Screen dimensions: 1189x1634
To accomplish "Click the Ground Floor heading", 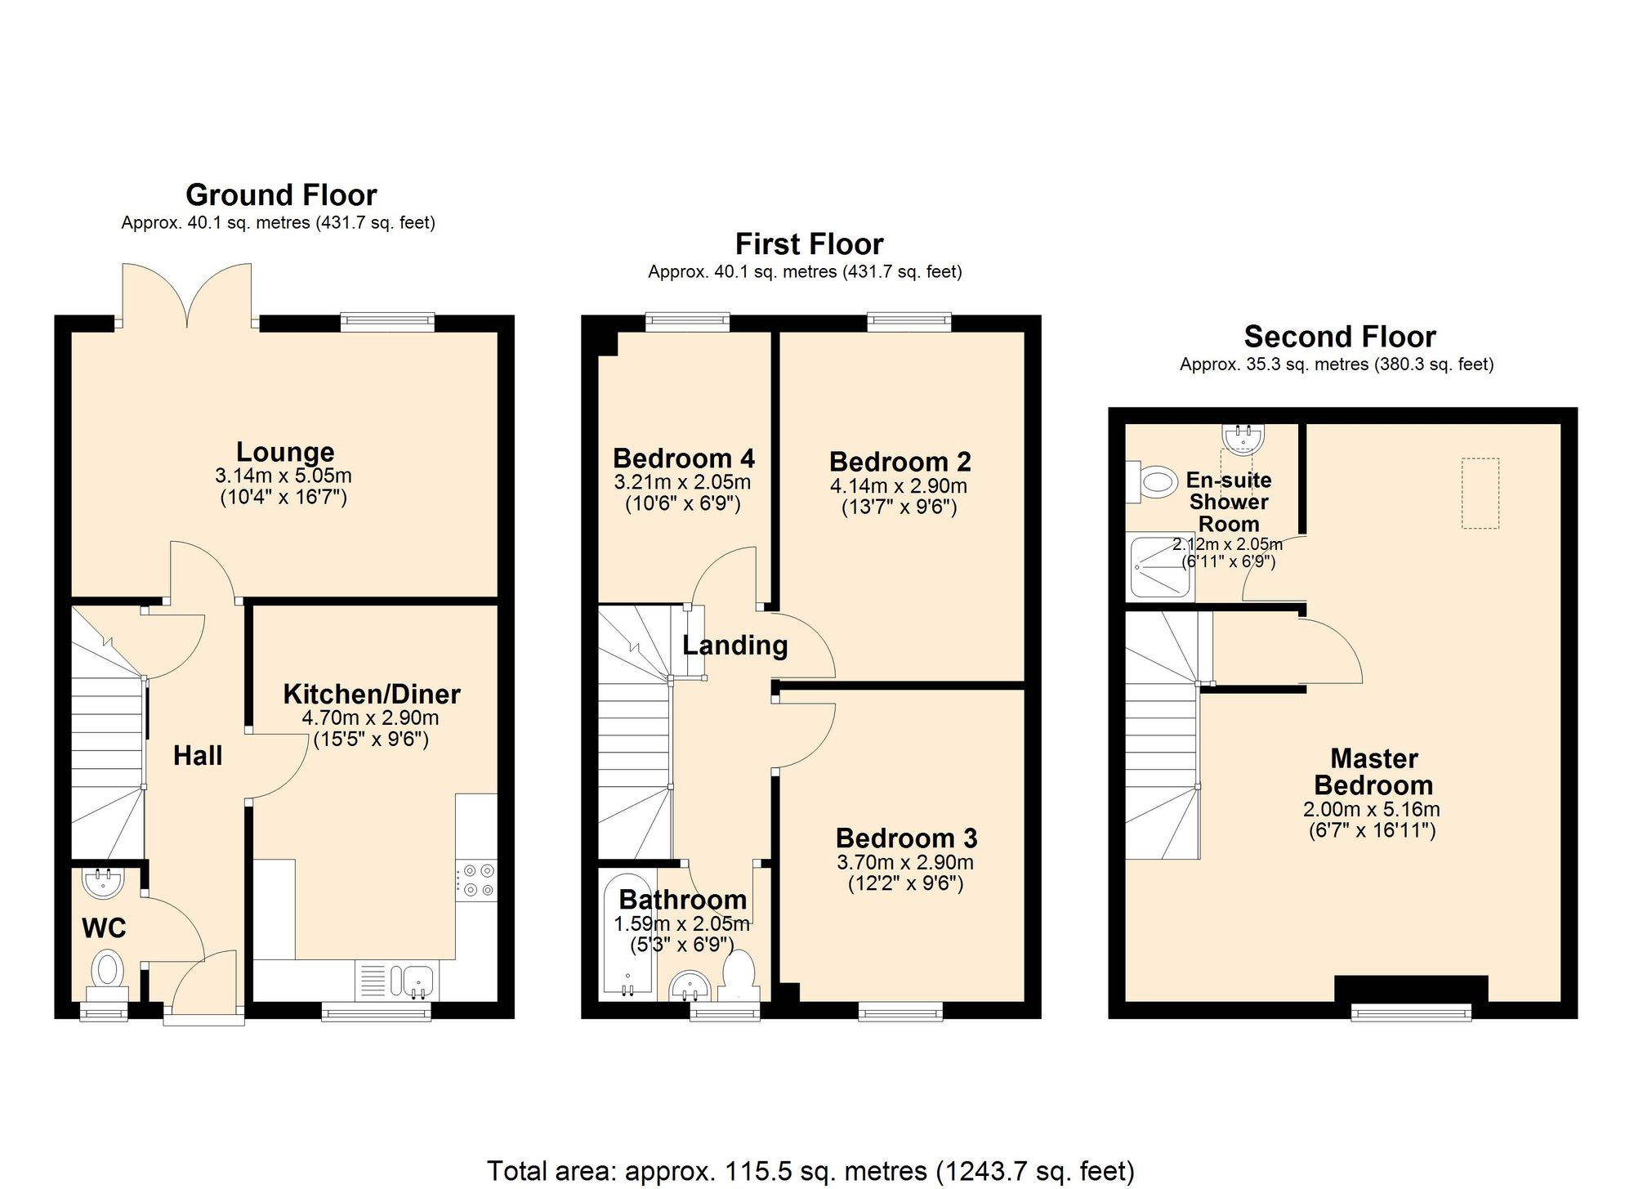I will click(x=281, y=195).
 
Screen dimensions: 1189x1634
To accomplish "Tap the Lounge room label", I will click(x=285, y=452).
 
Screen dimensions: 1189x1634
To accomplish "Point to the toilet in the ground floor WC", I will click(x=107, y=971).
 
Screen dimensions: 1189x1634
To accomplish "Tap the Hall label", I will click(x=198, y=756).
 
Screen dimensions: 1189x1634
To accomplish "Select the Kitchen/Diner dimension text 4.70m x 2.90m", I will click(x=370, y=718).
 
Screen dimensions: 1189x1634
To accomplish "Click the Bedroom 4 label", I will click(x=684, y=458).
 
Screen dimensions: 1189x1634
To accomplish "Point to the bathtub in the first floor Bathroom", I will click(x=627, y=936).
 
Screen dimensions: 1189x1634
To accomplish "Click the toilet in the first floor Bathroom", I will click(x=739, y=975).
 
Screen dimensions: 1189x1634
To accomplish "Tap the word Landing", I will click(x=735, y=646).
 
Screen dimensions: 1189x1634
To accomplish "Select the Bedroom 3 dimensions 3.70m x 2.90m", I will click(x=905, y=862).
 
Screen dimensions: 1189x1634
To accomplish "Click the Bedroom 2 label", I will click(x=900, y=462).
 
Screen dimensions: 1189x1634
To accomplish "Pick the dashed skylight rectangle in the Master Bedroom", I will click(x=1480, y=494).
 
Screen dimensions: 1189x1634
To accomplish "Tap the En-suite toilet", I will click(x=1154, y=482).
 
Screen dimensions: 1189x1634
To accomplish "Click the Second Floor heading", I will click(x=1340, y=337).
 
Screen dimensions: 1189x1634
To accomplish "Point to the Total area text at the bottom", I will click(x=810, y=1170).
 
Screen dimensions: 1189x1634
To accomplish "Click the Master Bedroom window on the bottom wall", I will click(x=1411, y=1013).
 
